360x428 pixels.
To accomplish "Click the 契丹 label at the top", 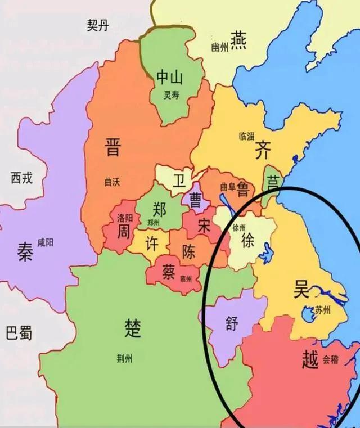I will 98,25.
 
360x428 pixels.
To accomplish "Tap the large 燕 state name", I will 240,40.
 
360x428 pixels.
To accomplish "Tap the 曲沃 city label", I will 112,182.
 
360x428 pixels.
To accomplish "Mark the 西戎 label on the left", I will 21,179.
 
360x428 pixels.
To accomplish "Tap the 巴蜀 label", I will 19,332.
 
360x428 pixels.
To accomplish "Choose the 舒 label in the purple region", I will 232,325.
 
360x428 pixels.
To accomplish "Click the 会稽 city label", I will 331,359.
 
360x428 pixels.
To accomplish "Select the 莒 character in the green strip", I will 273,182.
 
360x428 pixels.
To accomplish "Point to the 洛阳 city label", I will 125,217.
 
